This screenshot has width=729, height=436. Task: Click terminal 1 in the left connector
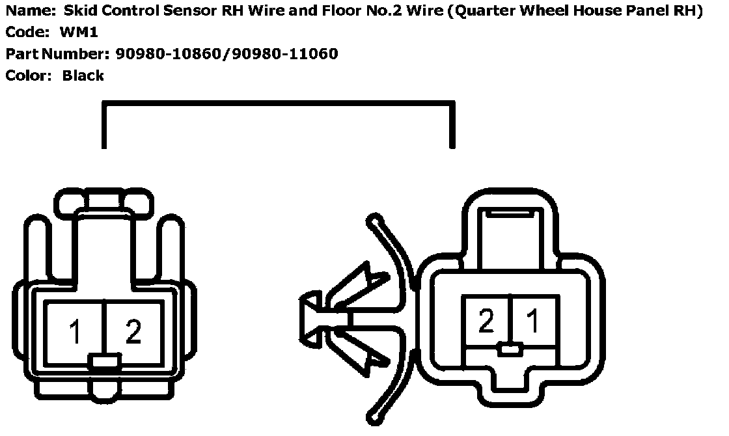(x=75, y=332)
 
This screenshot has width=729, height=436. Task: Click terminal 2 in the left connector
(x=133, y=332)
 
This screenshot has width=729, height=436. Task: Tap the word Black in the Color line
(x=83, y=75)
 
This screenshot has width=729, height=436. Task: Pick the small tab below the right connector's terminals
(x=509, y=350)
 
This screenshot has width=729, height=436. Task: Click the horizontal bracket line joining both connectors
(x=278, y=103)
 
